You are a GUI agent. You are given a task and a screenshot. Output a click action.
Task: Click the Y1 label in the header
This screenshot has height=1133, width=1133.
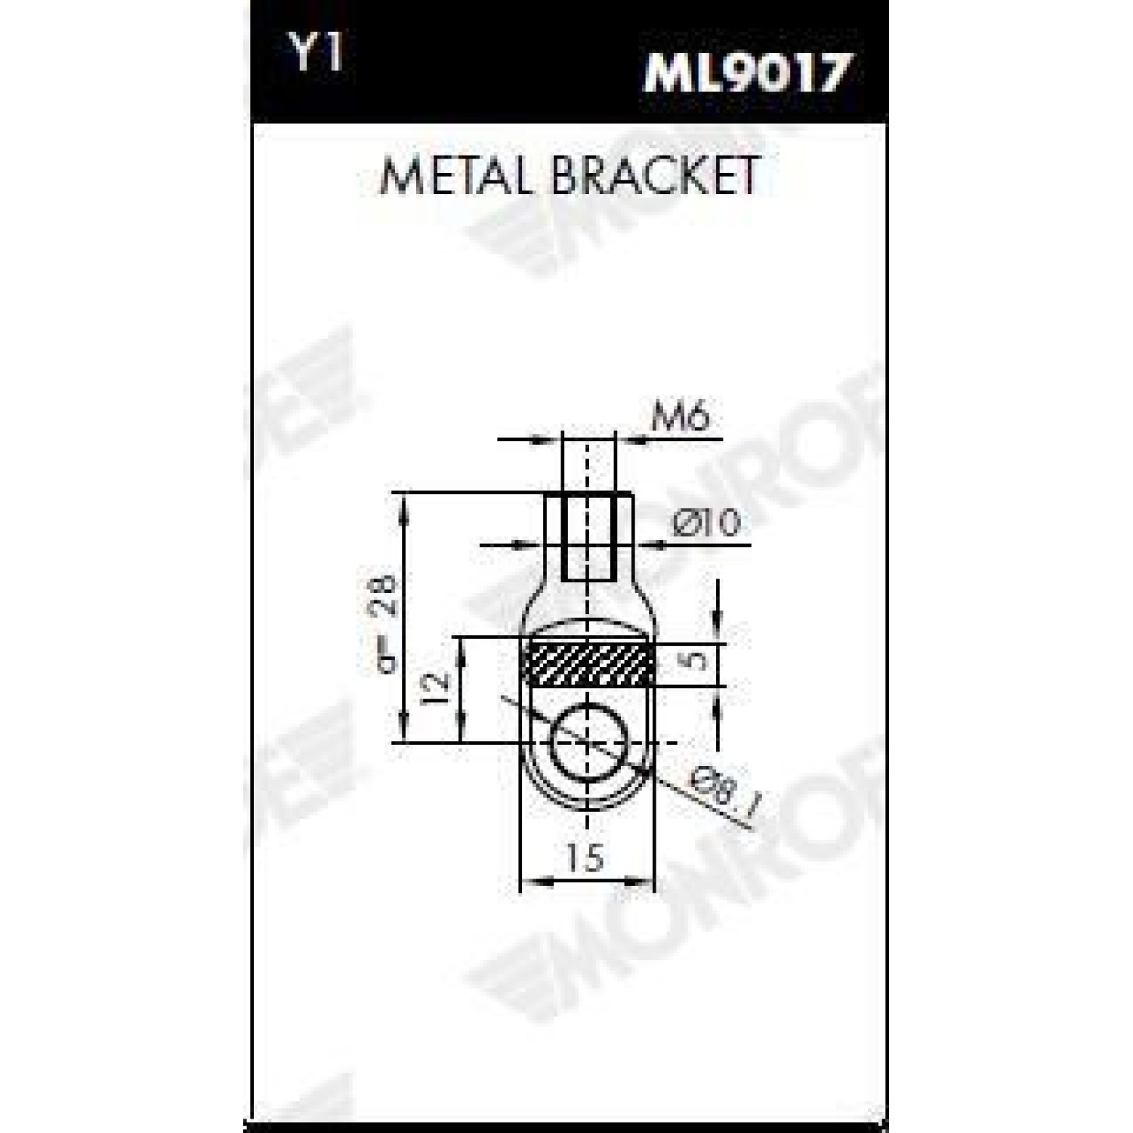click(318, 54)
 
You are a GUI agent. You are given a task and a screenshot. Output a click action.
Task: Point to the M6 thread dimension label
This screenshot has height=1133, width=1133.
click(681, 417)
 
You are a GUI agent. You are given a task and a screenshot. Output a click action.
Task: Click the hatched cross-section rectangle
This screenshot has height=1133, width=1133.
click(588, 662)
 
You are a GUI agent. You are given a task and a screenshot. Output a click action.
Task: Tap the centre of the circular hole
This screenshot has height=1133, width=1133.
click(589, 744)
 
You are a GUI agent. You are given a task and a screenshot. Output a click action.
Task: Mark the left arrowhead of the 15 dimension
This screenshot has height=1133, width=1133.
click(534, 880)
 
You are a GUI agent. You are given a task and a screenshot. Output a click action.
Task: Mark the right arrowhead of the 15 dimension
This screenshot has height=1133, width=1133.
click(641, 880)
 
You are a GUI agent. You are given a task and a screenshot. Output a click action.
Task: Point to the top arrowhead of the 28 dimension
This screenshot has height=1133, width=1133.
click(406, 505)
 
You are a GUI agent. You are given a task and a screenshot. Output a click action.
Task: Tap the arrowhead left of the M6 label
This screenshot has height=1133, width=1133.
click(549, 438)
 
